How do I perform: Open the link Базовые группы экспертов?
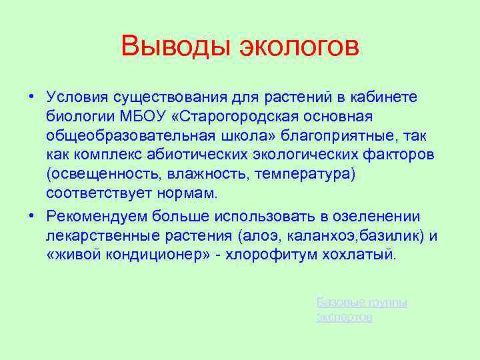(x=361, y=309)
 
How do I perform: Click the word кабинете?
(x=381, y=97)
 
